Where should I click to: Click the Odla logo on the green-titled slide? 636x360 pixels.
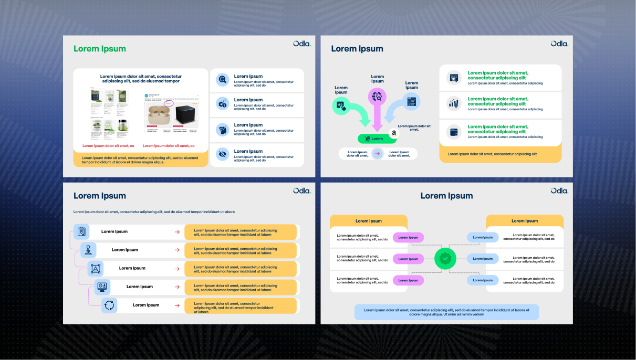coord(302,44)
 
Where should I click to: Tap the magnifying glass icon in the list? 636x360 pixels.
coord(222,79)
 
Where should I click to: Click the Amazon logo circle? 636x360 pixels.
coord(394,133)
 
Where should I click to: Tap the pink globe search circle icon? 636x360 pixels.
coord(377,96)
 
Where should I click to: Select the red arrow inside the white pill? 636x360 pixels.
coord(377,154)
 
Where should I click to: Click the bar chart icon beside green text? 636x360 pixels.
coord(454,103)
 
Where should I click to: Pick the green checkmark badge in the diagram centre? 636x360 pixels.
coord(445,259)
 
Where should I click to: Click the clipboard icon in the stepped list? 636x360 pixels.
coord(81,231)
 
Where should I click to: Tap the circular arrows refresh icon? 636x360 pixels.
coord(109,305)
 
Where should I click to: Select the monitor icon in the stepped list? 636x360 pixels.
coord(102,287)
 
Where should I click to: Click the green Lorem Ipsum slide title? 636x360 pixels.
coord(100,49)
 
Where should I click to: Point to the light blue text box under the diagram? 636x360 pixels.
coord(446,312)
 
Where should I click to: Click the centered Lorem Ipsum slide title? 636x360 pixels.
coord(446,196)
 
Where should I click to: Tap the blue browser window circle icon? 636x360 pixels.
coord(412,101)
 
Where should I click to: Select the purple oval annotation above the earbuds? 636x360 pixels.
coord(168,104)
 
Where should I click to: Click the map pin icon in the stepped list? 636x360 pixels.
coord(88,250)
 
